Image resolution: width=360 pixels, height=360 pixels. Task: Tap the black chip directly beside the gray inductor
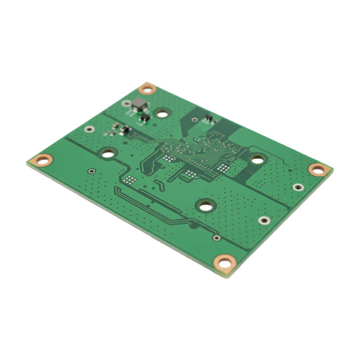145,117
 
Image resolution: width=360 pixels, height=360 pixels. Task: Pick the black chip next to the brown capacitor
125,130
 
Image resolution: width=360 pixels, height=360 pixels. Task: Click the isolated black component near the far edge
208,118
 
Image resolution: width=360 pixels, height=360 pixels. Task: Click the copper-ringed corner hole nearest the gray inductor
147,88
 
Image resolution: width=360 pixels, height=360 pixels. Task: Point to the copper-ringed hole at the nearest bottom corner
224,263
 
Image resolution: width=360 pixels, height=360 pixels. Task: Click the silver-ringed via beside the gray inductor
127,103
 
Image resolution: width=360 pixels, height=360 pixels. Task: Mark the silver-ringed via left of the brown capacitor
89,129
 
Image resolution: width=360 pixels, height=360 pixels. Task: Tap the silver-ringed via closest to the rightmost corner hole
297,187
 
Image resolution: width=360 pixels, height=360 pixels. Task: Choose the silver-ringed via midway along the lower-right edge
264,220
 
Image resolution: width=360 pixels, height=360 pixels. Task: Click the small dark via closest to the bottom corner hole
217,238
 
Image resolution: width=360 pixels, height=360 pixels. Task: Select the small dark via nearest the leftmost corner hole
91,171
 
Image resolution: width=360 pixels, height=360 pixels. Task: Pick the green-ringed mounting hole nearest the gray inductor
161,113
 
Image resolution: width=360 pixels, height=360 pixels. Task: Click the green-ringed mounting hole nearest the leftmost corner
108,153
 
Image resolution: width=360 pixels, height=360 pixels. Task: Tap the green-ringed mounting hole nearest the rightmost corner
257,159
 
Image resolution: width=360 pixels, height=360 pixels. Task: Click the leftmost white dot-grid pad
130,179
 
